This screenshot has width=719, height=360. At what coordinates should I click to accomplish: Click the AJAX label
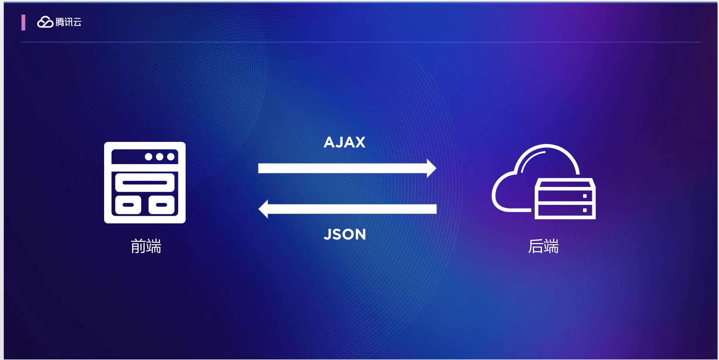pyautogui.click(x=345, y=142)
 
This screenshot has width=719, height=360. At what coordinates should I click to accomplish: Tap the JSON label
pyautogui.click(x=345, y=235)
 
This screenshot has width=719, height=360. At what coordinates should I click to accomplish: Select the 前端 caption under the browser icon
pyautogui.click(x=146, y=246)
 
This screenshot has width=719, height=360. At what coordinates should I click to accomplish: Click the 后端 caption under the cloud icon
pyautogui.click(x=543, y=246)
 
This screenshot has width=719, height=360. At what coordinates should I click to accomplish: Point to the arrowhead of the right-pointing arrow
pyautogui.click(x=431, y=168)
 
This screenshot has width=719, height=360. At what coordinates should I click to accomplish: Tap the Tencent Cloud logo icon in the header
pyautogui.click(x=45, y=22)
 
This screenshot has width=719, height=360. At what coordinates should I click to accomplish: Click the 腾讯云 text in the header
pyautogui.click(x=69, y=22)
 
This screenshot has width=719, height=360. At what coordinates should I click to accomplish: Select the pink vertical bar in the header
pyautogui.click(x=23, y=23)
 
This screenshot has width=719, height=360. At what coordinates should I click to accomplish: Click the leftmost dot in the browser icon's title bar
pyautogui.click(x=148, y=157)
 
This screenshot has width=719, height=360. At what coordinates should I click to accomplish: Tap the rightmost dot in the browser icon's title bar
pyautogui.click(x=171, y=157)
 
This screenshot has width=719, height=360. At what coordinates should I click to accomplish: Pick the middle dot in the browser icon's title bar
pyautogui.click(x=160, y=157)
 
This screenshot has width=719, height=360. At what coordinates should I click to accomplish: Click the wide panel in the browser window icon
pyautogui.click(x=145, y=183)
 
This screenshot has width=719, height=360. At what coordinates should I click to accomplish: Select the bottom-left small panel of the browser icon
pyautogui.click(x=128, y=205)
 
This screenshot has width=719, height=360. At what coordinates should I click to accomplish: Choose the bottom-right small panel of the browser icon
pyautogui.click(x=162, y=205)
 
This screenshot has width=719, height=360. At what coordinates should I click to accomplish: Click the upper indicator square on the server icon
pyautogui.click(x=585, y=196)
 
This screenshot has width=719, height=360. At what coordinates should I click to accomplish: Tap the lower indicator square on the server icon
pyautogui.click(x=585, y=210)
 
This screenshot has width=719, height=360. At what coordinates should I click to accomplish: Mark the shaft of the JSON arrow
pyautogui.click(x=352, y=209)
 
